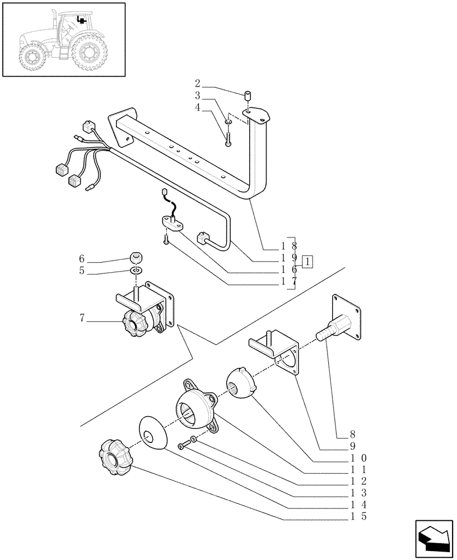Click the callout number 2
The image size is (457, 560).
pos(205,88)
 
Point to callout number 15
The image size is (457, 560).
pos(356,516)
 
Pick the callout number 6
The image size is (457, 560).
pos(82,259)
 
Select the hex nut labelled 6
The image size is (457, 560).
pos(135,258)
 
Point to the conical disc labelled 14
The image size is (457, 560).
pos(151,432)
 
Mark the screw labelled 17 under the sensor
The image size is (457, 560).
pos(166,239)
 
